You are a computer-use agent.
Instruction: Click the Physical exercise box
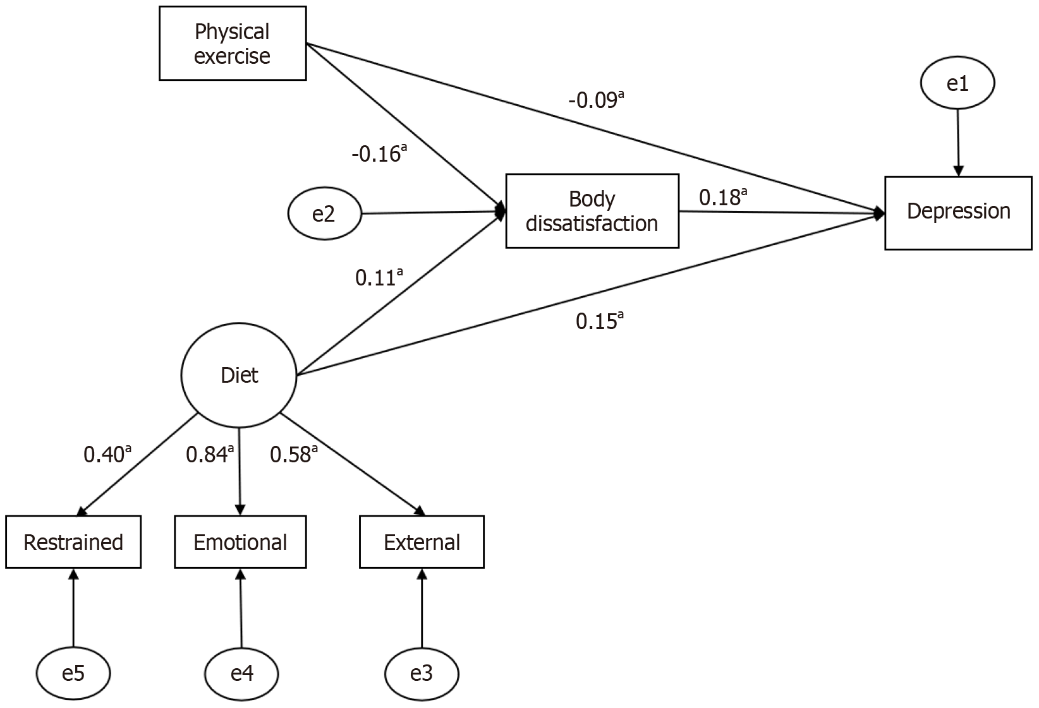click(233, 43)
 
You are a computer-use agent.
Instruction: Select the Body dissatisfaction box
click(592, 211)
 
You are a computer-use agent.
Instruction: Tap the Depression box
click(958, 213)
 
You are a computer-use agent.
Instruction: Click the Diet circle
click(239, 375)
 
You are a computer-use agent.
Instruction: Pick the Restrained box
click(73, 542)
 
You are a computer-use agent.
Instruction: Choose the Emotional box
click(240, 542)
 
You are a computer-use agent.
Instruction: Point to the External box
click(422, 542)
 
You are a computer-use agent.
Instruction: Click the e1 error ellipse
click(957, 83)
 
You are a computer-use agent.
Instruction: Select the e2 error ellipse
click(324, 213)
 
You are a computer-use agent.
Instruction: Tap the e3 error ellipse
click(422, 673)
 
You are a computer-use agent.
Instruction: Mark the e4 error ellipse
click(241, 673)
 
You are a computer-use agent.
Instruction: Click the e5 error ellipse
click(73, 673)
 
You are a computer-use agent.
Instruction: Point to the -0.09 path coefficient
click(596, 100)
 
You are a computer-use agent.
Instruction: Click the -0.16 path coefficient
click(379, 153)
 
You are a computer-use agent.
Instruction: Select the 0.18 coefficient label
click(722, 196)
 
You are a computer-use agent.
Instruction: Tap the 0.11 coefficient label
click(379, 277)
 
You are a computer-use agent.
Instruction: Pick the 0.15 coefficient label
click(599, 320)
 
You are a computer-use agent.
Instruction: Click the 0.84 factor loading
click(210, 454)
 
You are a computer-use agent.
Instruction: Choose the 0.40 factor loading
click(107, 454)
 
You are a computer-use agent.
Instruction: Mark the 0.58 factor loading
click(294, 454)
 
